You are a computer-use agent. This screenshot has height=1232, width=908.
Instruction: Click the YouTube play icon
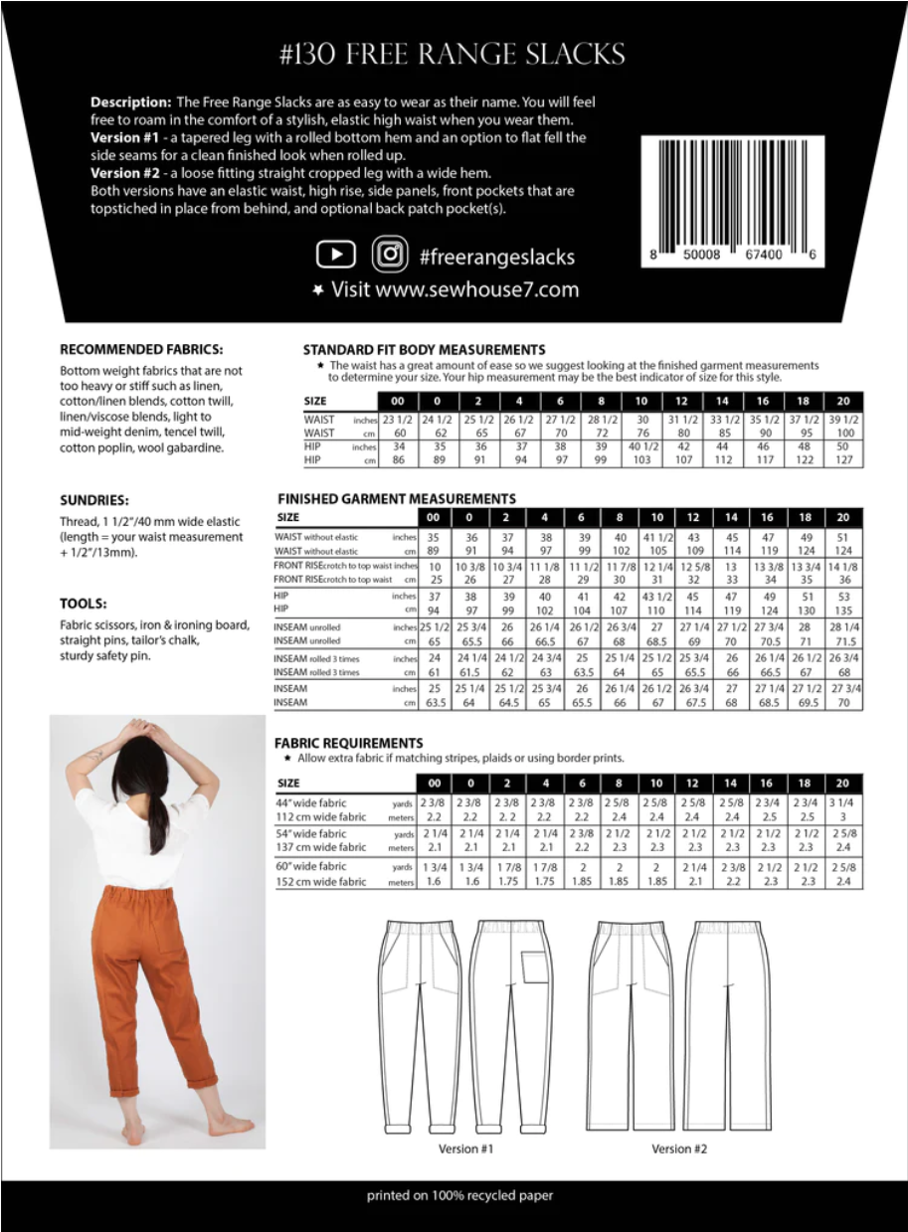tap(336, 255)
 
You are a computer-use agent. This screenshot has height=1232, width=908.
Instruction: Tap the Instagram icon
tap(392, 255)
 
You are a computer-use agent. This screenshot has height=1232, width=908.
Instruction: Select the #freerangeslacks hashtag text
tap(497, 257)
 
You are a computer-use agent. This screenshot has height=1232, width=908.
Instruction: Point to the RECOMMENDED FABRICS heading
tap(141, 349)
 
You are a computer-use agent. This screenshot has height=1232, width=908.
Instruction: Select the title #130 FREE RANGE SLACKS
tap(453, 55)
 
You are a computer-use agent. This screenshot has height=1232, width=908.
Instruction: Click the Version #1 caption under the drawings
tap(465, 1149)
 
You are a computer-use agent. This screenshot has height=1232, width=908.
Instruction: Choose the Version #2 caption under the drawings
tap(679, 1149)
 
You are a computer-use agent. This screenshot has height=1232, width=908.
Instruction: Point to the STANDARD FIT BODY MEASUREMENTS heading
tap(424, 349)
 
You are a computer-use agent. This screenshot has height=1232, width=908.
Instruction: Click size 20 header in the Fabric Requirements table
tap(842, 784)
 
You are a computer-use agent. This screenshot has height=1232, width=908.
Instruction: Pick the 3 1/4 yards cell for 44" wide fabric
tap(842, 802)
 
